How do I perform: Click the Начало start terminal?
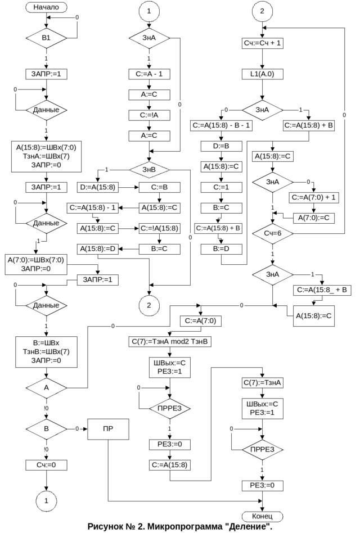point(46,7)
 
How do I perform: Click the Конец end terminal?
point(262,516)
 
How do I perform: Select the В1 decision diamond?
point(46,38)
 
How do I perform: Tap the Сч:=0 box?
point(46,465)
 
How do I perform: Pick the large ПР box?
point(108,429)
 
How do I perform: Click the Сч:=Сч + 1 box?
point(262,43)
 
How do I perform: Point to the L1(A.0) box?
point(262,74)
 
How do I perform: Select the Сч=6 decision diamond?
point(273,233)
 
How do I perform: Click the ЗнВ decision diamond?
point(149,169)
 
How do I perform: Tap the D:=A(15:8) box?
point(97,187)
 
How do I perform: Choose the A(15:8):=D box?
point(97,249)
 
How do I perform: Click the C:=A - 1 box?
point(149,74)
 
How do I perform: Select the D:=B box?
point(222,146)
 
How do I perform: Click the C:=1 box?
point(222,187)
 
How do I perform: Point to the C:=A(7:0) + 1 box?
point(314,197)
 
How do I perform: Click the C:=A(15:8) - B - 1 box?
point(222,125)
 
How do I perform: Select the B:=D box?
point(222,249)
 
